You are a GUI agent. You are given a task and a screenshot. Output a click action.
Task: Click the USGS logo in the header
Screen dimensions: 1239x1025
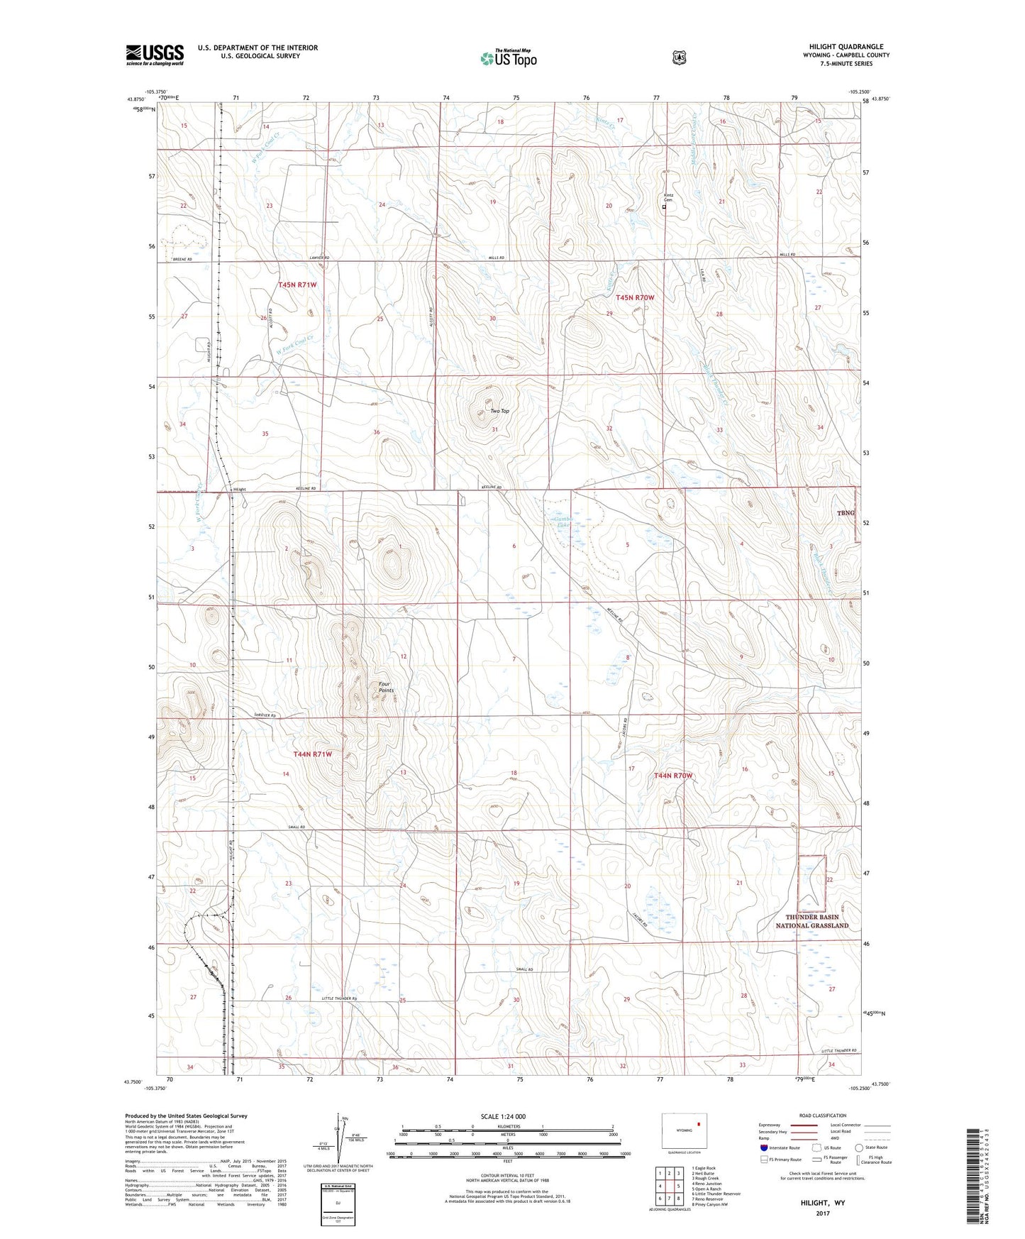coord(155,54)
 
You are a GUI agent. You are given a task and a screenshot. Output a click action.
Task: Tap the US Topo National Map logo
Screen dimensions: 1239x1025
coord(508,58)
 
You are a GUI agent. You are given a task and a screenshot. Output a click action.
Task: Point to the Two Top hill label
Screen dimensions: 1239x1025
coord(499,411)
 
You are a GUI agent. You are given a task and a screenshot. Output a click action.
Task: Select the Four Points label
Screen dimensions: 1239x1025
coord(386,686)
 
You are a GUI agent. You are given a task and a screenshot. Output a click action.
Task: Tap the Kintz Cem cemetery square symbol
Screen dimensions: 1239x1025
coord(665,207)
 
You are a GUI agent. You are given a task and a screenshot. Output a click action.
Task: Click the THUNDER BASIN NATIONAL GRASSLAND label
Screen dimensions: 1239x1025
coord(811,921)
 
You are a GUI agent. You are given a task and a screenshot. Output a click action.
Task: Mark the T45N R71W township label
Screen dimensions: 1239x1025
coord(297,285)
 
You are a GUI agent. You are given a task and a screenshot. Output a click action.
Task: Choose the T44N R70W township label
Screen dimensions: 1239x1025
coord(672,776)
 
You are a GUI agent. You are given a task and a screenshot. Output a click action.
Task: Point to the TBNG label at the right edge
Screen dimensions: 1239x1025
coord(845,512)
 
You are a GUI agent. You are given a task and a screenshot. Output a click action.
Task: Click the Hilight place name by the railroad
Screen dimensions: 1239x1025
coord(240,490)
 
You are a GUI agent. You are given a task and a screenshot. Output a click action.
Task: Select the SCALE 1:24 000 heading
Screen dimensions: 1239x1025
coord(503,1116)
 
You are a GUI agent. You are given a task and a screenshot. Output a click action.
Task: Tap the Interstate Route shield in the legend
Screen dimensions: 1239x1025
coord(763,1147)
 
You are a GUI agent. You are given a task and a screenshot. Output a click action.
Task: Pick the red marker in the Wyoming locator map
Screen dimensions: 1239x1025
coord(698,1124)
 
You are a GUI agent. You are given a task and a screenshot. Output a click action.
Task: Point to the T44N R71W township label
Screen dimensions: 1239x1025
coord(313,754)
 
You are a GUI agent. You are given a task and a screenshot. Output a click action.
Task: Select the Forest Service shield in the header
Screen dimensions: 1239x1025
coord(679,57)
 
